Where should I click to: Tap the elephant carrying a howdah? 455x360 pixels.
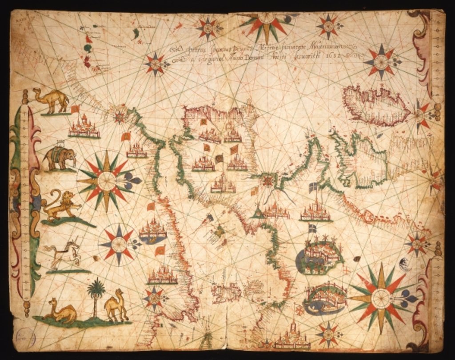point(60,158)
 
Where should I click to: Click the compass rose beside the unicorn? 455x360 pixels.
point(119,244)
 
